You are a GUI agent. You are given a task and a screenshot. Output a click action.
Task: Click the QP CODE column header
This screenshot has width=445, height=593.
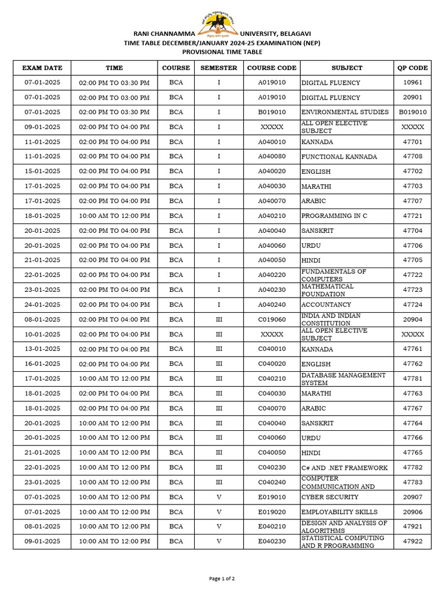tap(413, 68)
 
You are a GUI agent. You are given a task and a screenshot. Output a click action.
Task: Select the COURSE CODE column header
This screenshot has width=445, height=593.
tap(272, 68)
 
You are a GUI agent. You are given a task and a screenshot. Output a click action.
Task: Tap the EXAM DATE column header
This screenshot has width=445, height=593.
tap(42, 68)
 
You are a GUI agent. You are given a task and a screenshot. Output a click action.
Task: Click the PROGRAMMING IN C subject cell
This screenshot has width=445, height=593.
tap(334, 216)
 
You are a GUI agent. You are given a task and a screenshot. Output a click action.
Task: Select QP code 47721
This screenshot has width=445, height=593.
tap(413, 216)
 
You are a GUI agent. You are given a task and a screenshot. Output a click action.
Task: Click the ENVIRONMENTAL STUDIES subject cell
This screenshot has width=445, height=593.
tap(344, 112)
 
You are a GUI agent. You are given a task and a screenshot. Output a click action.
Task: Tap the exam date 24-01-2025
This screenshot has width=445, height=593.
tap(42, 305)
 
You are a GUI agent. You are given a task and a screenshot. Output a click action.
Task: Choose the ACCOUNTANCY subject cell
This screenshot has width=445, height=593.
tap(326, 305)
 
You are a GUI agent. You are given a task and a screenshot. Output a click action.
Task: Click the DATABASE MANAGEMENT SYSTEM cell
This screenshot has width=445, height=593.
tap(343, 379)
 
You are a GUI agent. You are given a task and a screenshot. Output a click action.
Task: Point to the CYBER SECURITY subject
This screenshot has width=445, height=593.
tap(330, 497)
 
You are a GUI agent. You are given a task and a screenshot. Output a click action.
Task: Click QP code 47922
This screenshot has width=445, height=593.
tap(413, 541)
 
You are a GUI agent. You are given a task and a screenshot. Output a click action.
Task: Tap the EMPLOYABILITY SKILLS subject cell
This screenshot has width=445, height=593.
tap(339, 512)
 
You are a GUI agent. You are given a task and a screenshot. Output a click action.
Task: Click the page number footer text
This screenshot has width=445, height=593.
tap(222, 578)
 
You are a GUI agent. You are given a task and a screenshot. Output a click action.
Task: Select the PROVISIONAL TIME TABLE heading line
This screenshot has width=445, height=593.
tap(222, 51)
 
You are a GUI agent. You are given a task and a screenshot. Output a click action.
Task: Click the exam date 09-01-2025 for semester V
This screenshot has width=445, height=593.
tap(42, 541)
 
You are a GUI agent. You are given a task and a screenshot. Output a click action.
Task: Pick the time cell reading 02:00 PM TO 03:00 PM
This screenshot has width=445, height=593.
tap(114, 97)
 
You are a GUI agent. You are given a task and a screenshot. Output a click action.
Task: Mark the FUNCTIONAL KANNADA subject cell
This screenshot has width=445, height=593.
tap(339, 157)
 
